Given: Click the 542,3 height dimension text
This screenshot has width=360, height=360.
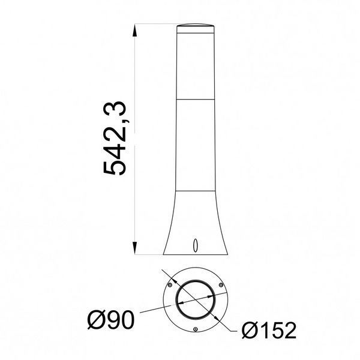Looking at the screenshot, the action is (x=115, y=138).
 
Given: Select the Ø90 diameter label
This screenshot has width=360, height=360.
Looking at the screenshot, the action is (x=111, y=320).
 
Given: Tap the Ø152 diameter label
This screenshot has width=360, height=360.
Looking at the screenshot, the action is (x=269, y=330).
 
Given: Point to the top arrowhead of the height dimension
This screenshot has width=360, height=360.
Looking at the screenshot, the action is (x=135, y=31).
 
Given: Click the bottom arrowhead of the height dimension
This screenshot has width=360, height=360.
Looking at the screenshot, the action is (x=135, y=248).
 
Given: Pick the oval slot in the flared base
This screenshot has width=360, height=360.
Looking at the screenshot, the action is (x=196, y=245).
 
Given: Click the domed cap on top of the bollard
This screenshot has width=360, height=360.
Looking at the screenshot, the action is (x=196, y=25).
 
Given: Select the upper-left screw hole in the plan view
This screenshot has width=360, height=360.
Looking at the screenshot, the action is (x=170, y=285).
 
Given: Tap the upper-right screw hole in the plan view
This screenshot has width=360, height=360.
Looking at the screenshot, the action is (x=221, y=285).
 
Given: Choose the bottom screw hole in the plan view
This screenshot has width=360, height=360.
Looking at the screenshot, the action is (x=196, y=329).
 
